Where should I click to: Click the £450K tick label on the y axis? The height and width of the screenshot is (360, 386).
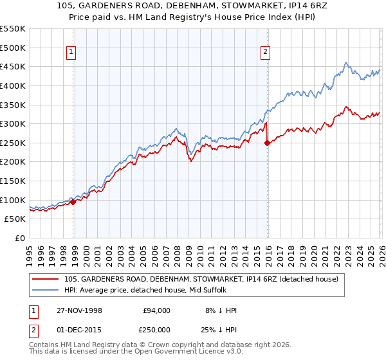tap(13, 66)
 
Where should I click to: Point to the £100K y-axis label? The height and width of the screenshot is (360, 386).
tap(13, 200)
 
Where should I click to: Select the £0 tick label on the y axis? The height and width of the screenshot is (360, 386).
tap(19, 238)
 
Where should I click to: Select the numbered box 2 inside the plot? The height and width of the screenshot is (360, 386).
tap(265, 53)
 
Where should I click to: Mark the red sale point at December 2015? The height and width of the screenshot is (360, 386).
tap(267, 143)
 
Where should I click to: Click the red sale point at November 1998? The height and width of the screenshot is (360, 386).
tap(73, 202)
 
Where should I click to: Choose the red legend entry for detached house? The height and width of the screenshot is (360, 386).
tap(205, 278)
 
